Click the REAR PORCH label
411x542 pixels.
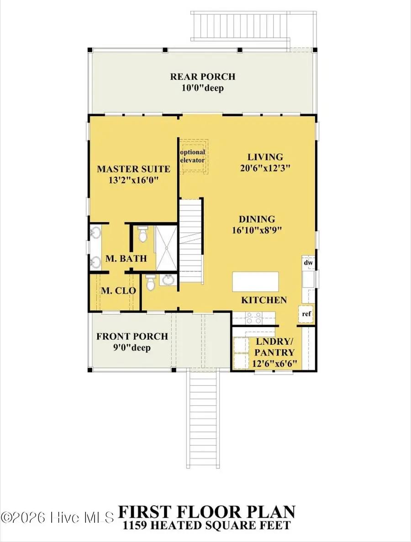(x=202, y=77)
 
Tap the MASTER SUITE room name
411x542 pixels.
(x=133, y=169)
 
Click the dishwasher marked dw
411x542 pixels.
(x=308, y=263)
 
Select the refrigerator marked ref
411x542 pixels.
(x=307, y=314)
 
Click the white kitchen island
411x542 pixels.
(x=255, y=282)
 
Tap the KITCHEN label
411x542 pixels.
(x=264, y=300)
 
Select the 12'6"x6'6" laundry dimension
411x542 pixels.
(x=274, y=364)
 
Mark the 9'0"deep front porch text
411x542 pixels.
(x=132, y=347)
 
